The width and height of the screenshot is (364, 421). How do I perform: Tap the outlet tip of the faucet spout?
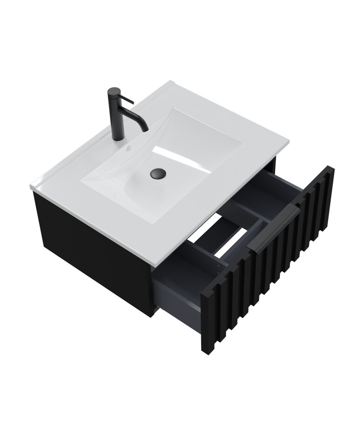point(146,128)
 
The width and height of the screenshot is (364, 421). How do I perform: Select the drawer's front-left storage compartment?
point(180,281)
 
